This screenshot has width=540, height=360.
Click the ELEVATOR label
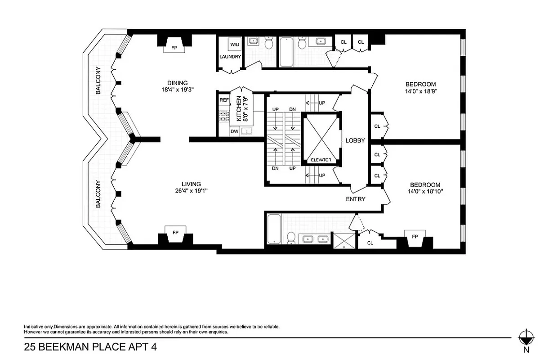pyautogui.click(x=321, y=160)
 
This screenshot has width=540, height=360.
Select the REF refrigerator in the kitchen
pyautogui.click(x=224, y=100)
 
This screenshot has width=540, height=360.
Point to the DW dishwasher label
pyautogui.click(x=234, y=131)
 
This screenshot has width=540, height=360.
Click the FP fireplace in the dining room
pyautogui.click(x=174, y=47)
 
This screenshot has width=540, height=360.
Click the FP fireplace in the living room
pyautogui.click(x=175, y=232)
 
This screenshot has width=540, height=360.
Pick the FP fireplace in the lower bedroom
pyautogui.click(x=415, y=237)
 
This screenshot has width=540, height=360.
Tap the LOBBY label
pyautogui.click(x=355, y=140)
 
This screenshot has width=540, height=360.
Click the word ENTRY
pyautogui.click(x=355, y=199)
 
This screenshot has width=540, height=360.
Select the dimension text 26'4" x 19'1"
pyautogui.click(x=191, y=190)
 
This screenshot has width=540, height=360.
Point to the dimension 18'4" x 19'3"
pyautogui.click(x=177, y=90)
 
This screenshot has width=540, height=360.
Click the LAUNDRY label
pyautogui.click(x=230, y=57)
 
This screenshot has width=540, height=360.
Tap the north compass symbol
pyautogui.click(x=525, y=337)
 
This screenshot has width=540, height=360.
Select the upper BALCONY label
pyautogui.click(x=98, y=81)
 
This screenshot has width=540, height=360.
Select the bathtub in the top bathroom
pyautogui.click(x=287, y=52)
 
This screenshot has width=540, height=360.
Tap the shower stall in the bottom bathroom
pyautogui.click(x=344, y=240)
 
